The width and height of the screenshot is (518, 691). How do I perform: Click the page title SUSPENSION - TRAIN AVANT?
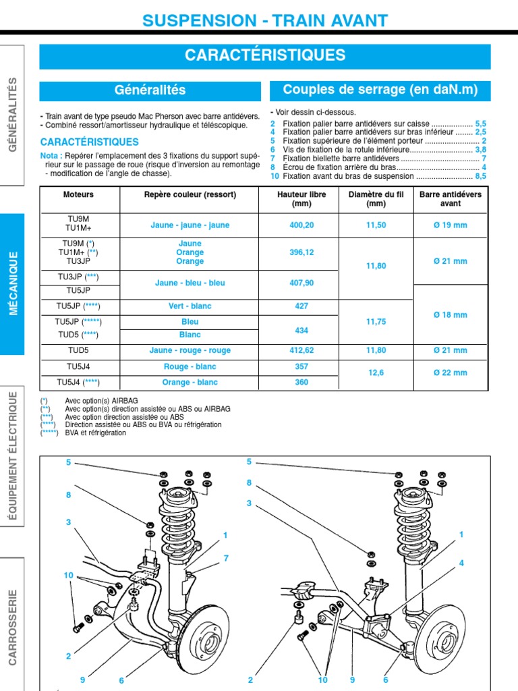click(265, 21)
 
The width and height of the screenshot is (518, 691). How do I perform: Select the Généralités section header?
click(150, 90)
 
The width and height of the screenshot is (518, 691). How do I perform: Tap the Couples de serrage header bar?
click(380, 90)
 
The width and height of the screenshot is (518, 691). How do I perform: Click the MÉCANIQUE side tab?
click(13, 284)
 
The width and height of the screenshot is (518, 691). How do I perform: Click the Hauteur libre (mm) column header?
click(301, 199)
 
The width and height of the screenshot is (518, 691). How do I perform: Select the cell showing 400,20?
click(301, 225)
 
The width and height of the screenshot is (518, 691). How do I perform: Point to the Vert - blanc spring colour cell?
click(190, 306)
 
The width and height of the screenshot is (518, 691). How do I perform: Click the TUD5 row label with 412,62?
click(79, 351)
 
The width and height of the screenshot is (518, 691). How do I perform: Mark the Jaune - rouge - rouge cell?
click(190, 351)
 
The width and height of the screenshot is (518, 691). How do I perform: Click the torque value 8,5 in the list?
click(480, 176)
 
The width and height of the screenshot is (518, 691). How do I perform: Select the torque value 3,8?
click(480, 150)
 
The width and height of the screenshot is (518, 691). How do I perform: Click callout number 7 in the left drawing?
click(227, 558)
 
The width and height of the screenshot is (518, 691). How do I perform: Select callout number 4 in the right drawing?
click(461, 563)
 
